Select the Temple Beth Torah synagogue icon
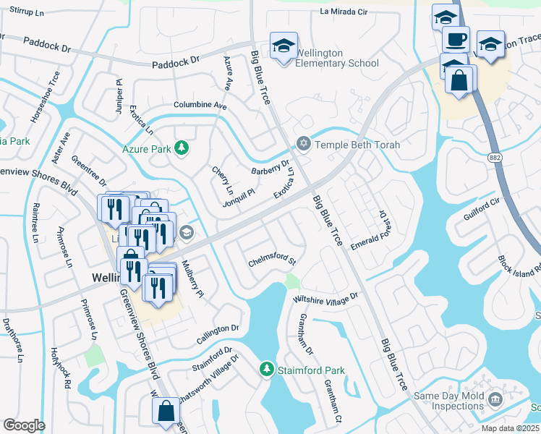click(303, 145)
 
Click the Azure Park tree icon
click(182, 149)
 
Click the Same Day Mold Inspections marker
click(495, 399)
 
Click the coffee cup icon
click(455, 40)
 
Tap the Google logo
click(24, 425)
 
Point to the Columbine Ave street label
click(200, 106)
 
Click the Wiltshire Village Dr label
click(325, 297)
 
